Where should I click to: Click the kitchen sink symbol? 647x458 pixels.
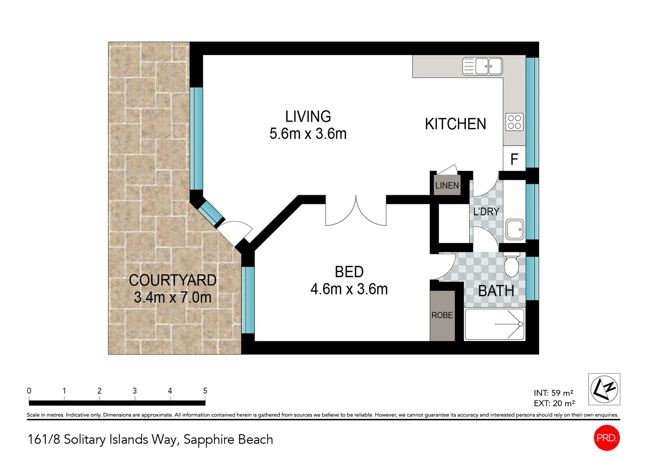pos(482,66)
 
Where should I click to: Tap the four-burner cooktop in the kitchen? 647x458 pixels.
pos(514,122)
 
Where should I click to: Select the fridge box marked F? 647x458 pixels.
pos(514,159)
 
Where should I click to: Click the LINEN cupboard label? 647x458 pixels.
pos(447,186)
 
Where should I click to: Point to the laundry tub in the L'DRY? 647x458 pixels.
pos(515,229)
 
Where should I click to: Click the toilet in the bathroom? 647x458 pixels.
pos(512,265)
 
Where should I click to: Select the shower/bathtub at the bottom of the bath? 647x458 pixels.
pos(495,324)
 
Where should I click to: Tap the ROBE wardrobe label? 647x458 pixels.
pos(442,315)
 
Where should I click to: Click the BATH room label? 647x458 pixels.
pos(496,291)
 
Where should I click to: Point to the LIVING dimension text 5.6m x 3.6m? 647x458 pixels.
pos(308,134)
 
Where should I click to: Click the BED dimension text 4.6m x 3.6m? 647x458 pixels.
pos(349,289)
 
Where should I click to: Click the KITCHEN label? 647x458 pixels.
pos(455,124)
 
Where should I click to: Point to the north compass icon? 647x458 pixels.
pos(604,389)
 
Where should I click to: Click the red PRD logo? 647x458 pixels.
pos(606,438)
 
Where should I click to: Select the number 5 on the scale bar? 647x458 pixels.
pos(205,391)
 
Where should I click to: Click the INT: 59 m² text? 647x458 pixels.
pos(553,393)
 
